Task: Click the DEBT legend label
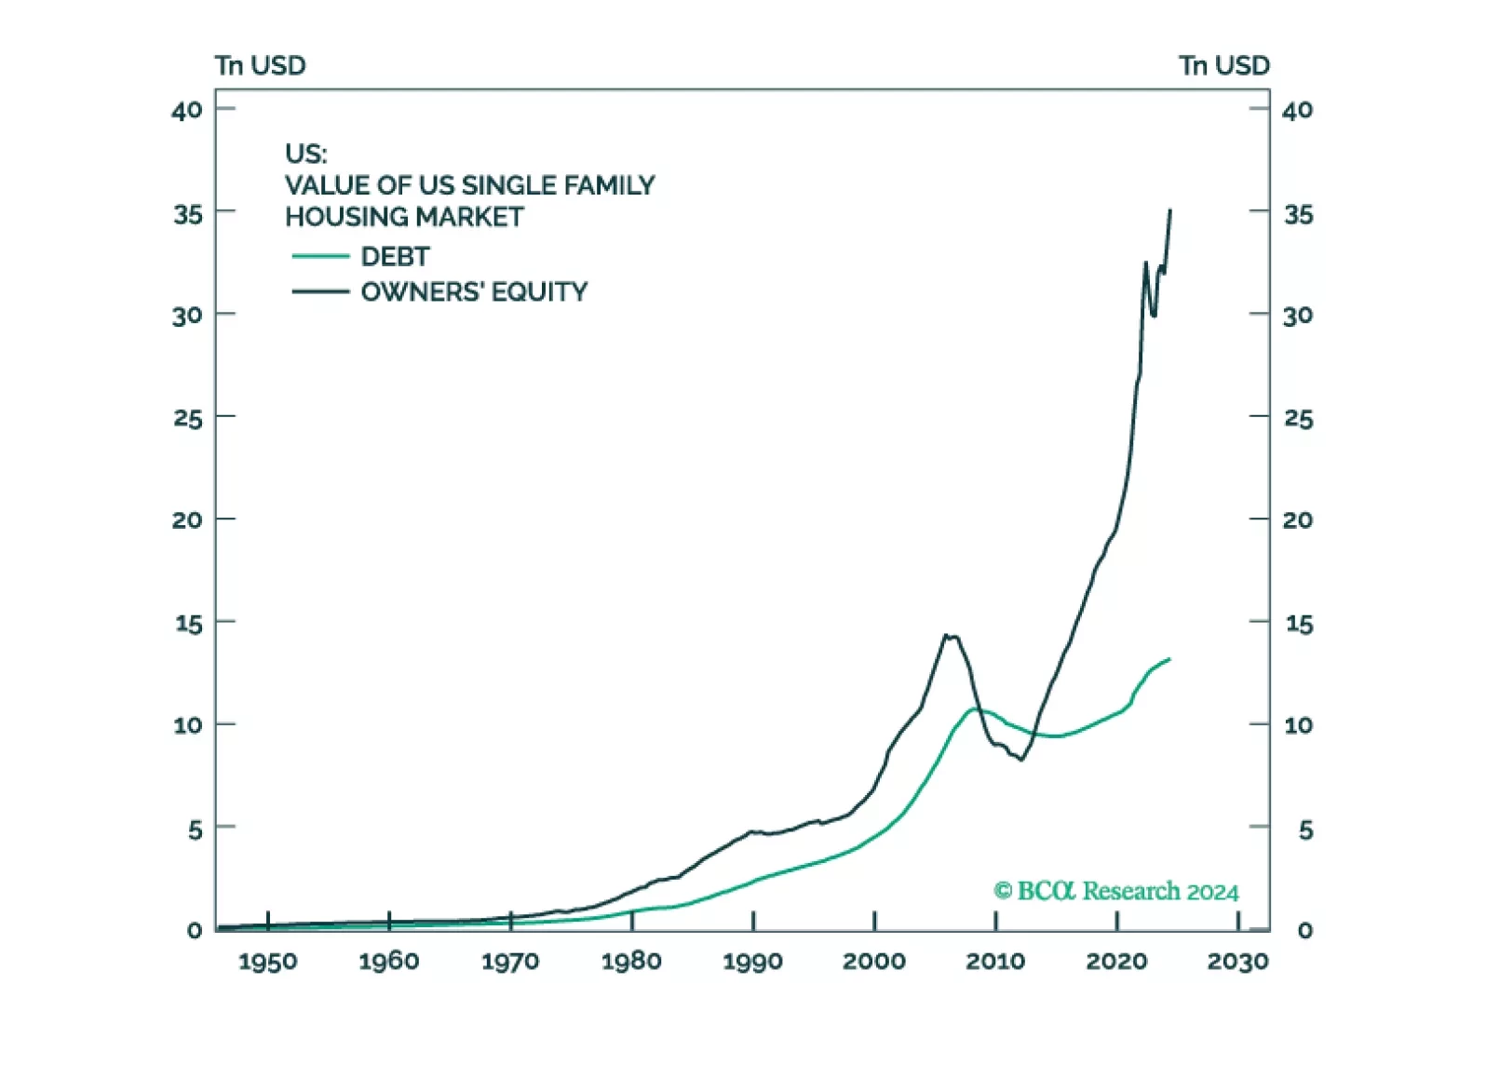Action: (395, 256)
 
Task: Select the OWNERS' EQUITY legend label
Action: (474, 291)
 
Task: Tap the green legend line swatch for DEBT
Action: (320, 256)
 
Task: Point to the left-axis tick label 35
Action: (187, 214)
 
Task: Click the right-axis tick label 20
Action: (1297, 519)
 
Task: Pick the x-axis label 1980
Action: (631, 961)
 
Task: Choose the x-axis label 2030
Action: (1237, 961)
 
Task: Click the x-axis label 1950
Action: (267, 961)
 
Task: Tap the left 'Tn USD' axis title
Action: (260, 65)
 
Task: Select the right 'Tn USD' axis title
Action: (1223, 65)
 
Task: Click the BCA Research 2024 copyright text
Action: (1115, 891)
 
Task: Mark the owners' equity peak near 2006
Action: (946, 636)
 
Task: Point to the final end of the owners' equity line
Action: (1169, 211)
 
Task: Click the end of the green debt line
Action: (1169, 659)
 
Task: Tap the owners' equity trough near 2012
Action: (1021, 760)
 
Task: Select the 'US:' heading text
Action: (305, 154)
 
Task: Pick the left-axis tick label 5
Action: (194, 829)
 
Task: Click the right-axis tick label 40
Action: (1297, 110)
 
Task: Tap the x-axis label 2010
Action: (995, 961)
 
